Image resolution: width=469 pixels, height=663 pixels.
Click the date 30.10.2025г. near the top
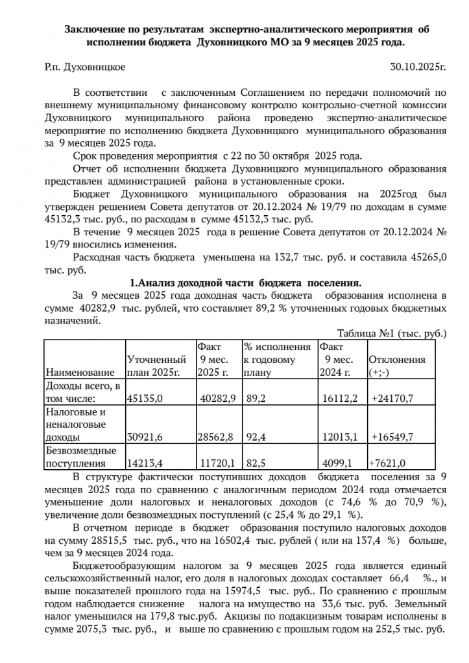(x=418, y=66)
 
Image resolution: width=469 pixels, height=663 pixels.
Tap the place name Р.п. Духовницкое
(x=85, y=66)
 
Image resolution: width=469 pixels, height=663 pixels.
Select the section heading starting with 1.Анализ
(x=246, y=283)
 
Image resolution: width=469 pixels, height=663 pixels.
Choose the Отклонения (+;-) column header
(x=397, y=366)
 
